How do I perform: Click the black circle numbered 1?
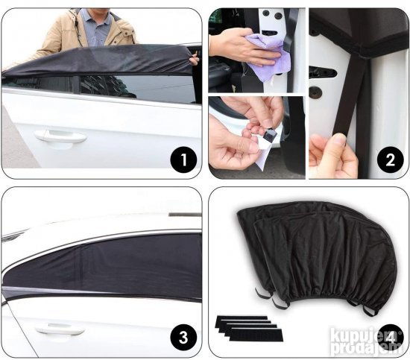click(x=183, y=160)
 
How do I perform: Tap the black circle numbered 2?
click(x=390, y=160)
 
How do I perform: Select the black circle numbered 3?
click(x=183, y=337)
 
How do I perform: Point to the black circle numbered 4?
click(x=390, y=338)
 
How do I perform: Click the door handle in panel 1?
click(x=60, y=136)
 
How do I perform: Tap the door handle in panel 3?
click(x=60, y=330)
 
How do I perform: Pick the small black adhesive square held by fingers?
click(x=269, y=135)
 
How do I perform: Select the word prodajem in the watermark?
click(x=367, y=348)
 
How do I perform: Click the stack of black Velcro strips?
click(x=249, y=328)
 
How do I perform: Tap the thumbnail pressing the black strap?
click(x=340, y=139)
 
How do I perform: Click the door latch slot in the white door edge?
click(x=322, y=72)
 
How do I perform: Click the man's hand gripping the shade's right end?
click(x=194, y=60)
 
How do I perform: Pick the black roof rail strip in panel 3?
click(x=185, y=215)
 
